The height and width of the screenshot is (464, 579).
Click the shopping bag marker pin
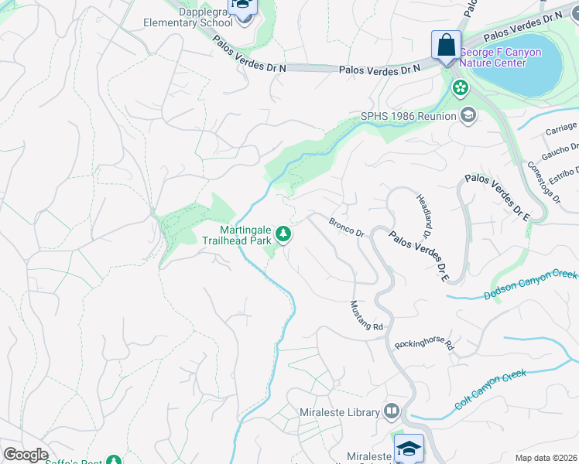tap(447, 46)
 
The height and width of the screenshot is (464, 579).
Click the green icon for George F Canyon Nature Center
tap(461, 87)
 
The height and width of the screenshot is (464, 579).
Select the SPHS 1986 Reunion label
tap(408, 117)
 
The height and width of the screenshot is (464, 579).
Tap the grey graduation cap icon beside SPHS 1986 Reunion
tap(468, 117)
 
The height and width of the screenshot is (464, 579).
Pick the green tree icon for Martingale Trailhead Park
tap(284, 234)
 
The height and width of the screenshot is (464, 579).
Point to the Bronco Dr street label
tap(346, 227)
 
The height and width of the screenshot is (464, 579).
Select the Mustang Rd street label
tap(366, 316)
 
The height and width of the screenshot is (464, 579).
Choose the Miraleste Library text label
tap(341, 412)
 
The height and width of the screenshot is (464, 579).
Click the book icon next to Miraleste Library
tap(392, 412)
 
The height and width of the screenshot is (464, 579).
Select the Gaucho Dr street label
tap(560, 147)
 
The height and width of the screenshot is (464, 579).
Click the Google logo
tap(26, 455)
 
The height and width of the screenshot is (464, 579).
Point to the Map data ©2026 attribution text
tap(546, 458)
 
